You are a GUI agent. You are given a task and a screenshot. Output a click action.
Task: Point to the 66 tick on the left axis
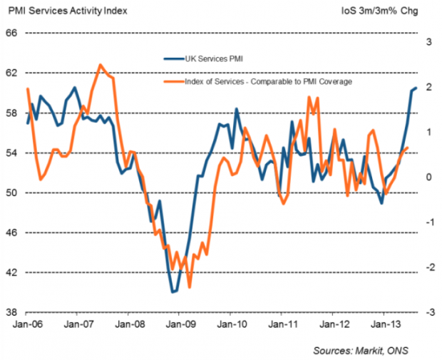[12, 33]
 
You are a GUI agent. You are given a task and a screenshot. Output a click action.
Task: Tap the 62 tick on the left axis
[12, 73]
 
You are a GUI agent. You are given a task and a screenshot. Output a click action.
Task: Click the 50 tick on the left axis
[12, 192]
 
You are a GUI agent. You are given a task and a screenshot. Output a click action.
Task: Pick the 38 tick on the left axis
[12, 312]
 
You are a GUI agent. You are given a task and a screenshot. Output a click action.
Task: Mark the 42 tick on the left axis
[12, 272]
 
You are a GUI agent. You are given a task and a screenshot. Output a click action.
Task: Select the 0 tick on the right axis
[428, 178]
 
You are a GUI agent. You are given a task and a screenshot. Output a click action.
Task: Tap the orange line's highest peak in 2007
[100, 65]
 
